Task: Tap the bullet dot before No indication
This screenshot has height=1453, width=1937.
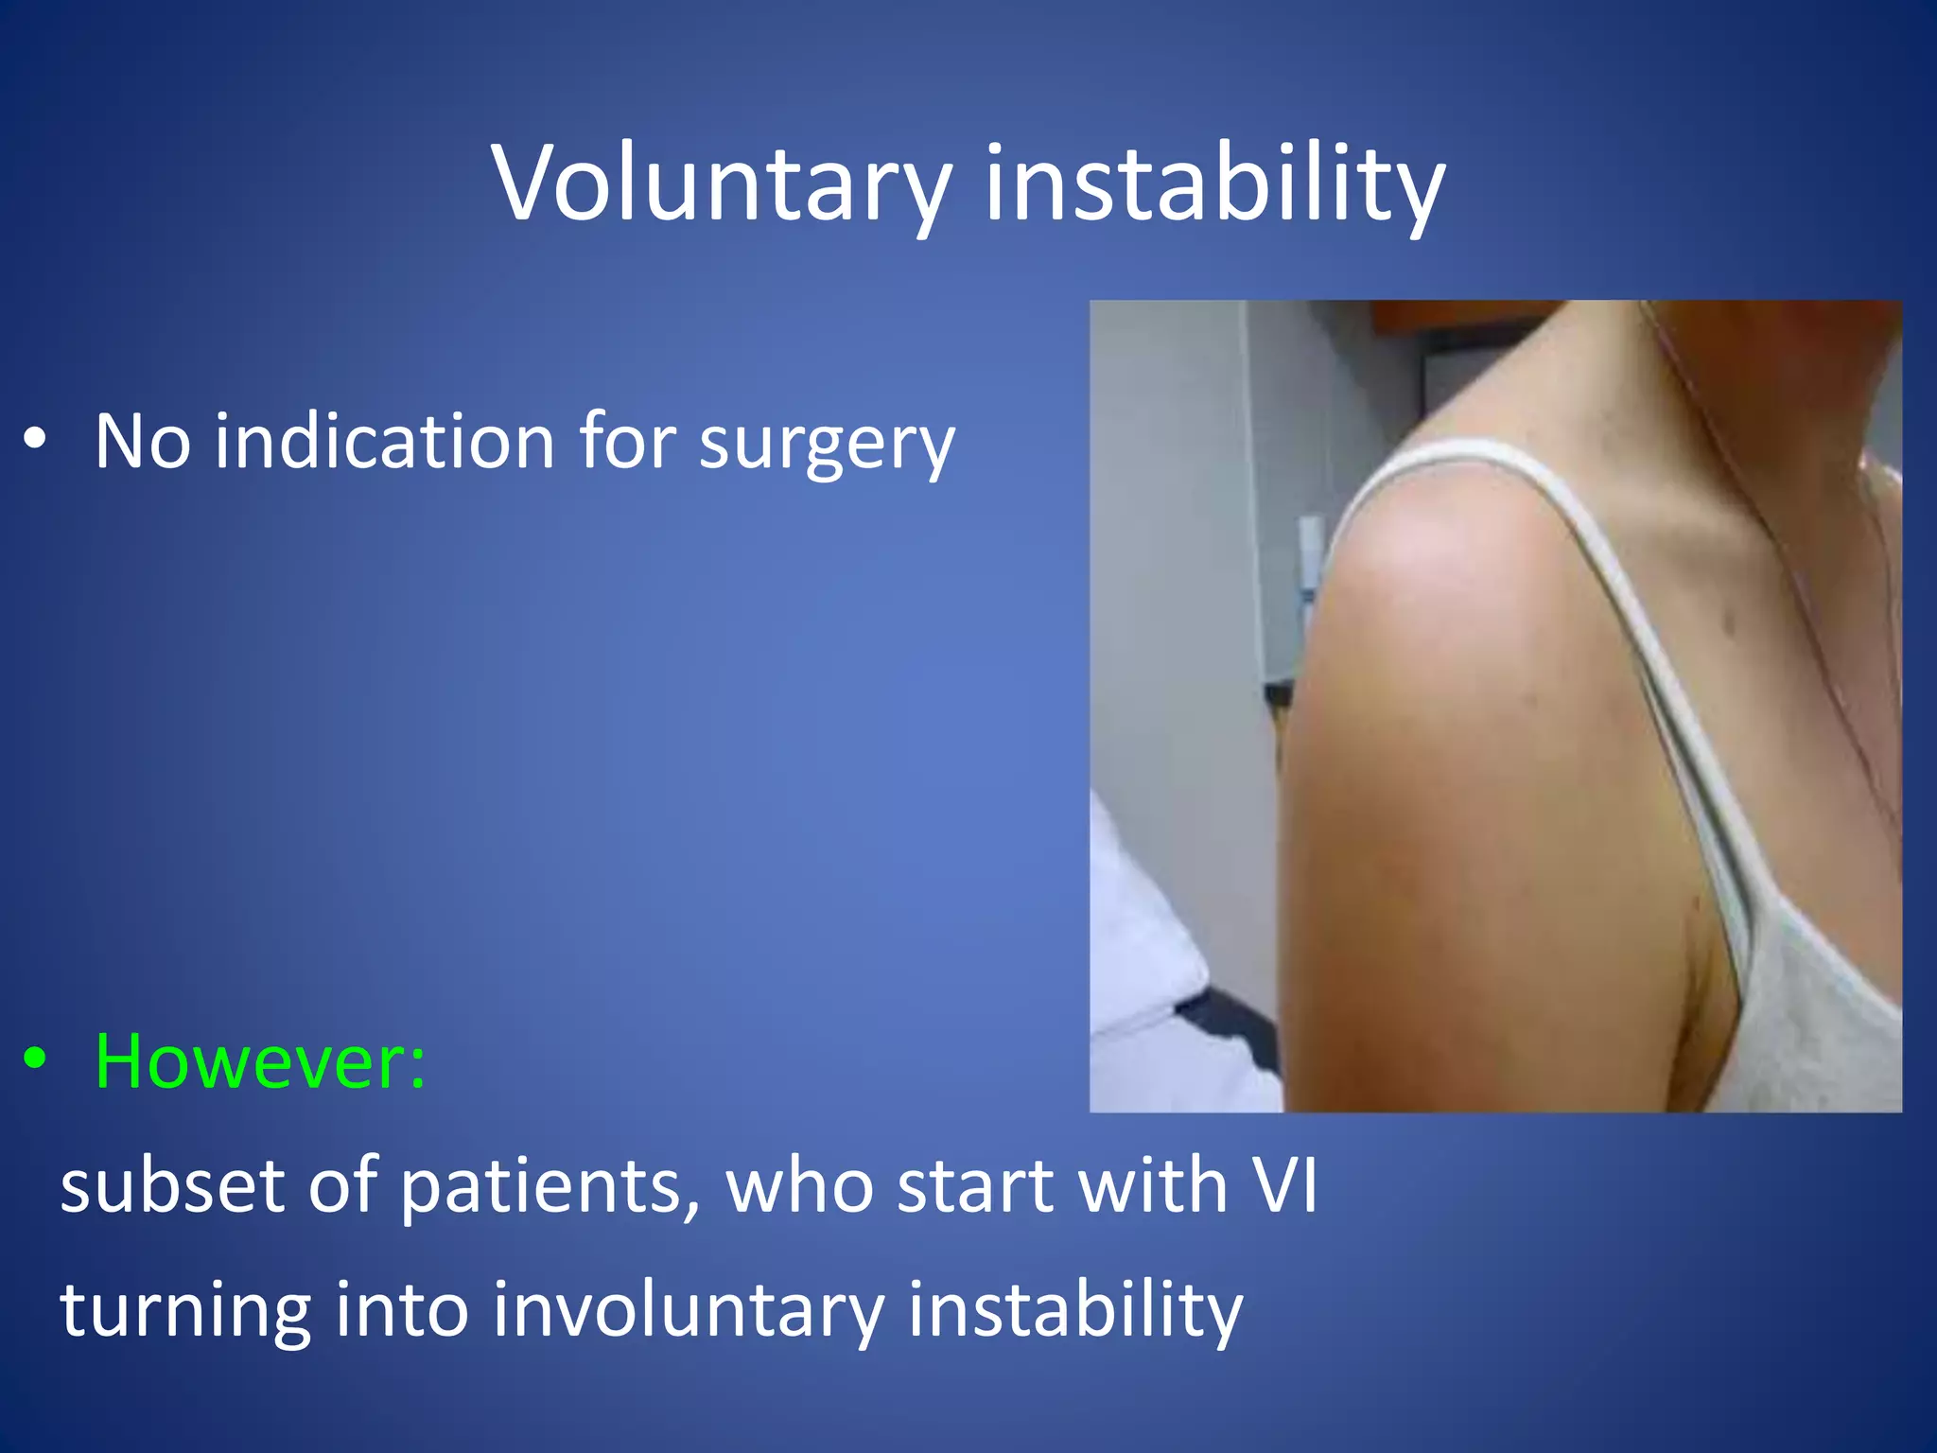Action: point(35,439)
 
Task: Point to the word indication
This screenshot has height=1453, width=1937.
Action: point(384,441)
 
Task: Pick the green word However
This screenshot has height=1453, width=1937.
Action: point(260,1061)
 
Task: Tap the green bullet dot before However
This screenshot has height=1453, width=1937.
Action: point(35,1059)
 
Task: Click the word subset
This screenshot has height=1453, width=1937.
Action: point(171,1184)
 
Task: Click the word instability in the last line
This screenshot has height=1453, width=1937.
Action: point(1074,1309)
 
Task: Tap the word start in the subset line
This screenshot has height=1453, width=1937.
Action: point(974,1186)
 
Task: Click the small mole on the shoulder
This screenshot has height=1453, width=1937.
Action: point(1730,622)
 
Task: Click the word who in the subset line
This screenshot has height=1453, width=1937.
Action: point(800,1184)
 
